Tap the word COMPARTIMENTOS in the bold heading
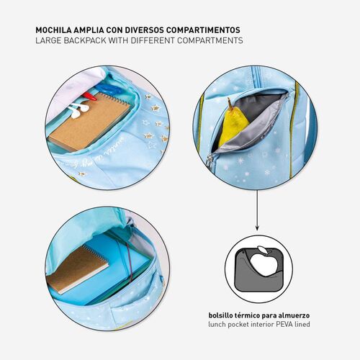203,30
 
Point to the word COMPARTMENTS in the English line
210,40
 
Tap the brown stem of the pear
230,102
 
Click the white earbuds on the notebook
78,110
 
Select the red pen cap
89,96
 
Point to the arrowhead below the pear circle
257,228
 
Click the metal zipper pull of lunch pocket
209,161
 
